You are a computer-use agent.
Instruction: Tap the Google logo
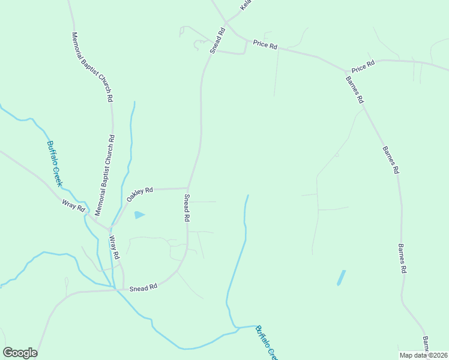coord(20,353)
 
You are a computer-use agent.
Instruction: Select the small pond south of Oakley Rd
coord(139,214)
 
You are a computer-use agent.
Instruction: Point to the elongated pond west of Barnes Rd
coord(341,277)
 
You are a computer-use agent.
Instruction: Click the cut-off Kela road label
coord(245,4)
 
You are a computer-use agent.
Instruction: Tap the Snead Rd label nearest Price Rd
coord(217,40)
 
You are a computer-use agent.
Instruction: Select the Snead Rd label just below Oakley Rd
coord(187,209)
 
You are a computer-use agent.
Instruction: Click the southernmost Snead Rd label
coord(144,287)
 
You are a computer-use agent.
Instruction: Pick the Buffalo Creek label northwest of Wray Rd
coord(55,163)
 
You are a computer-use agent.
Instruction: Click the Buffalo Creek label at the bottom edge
coord(265,342)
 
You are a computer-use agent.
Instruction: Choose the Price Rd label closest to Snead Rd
coord(265,44)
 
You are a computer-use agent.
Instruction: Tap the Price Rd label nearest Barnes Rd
coord(363,66)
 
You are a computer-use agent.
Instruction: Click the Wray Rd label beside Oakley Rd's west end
coord(74,206)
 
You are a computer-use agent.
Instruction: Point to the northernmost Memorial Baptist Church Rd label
coord(93,67)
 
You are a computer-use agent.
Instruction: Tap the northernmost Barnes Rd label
coord(354,90)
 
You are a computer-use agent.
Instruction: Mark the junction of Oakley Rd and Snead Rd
coord(189,188)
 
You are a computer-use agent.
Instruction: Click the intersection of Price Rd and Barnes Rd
coord(346,72)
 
